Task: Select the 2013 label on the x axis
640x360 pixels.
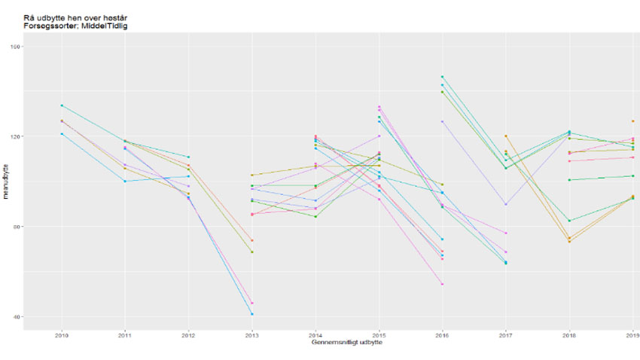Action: click(x=251, y=335)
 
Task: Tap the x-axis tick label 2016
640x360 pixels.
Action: click(x=442, y=335)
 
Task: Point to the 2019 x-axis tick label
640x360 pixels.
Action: click(x=632, y=335)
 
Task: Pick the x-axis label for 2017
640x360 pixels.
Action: click(x=505, y=335)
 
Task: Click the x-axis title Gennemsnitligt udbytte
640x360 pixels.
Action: click(x=347, y=343)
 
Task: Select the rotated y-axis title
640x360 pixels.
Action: click(x=5, y=182)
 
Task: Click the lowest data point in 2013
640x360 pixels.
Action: click(x=251, y=314)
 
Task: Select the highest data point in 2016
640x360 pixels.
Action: click(x=442, y=77)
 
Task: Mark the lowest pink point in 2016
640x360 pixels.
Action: click(x=442, y=284)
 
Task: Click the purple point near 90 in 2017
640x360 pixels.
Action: click(x=505, y=204)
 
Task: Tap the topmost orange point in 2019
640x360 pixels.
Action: click(x=632, y=121)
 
